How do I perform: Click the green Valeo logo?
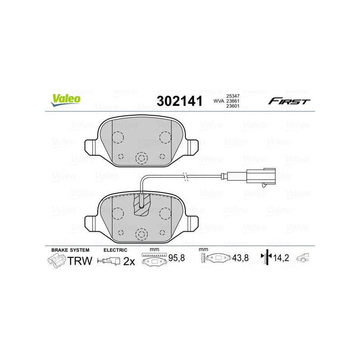click(x=66, y=100)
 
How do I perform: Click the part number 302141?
click(x=180, y=101)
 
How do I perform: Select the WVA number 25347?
click(x=233, y=96)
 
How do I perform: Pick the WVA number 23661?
click(x=233, y=101)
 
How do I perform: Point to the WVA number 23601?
click(x=233, y=106)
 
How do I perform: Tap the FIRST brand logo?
click(x=289, y=101)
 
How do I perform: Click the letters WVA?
click(x=219, y=101)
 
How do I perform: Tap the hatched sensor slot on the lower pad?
click(x=141, y=204)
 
